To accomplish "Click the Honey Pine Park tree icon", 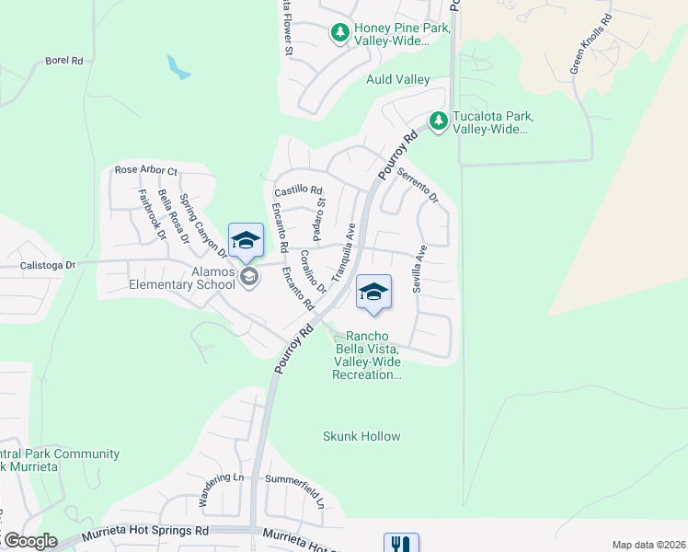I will click(340, 33).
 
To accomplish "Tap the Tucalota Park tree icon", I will click(439, 121).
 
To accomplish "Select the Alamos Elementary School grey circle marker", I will click(248, 276).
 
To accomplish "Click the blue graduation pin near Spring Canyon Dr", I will click(246, 243).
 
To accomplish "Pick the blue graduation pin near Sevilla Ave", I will click(373, 293).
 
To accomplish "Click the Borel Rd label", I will click(64, 61).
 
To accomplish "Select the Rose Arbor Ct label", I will click(145, 170).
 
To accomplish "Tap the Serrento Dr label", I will click(419, 184).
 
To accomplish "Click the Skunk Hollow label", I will click(361, 436).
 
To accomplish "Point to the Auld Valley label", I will click(398, 80).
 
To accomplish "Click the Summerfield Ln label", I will click(295, 480).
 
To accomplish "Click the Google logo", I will click(29, 541).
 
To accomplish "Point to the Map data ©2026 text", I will click(648, 545).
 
